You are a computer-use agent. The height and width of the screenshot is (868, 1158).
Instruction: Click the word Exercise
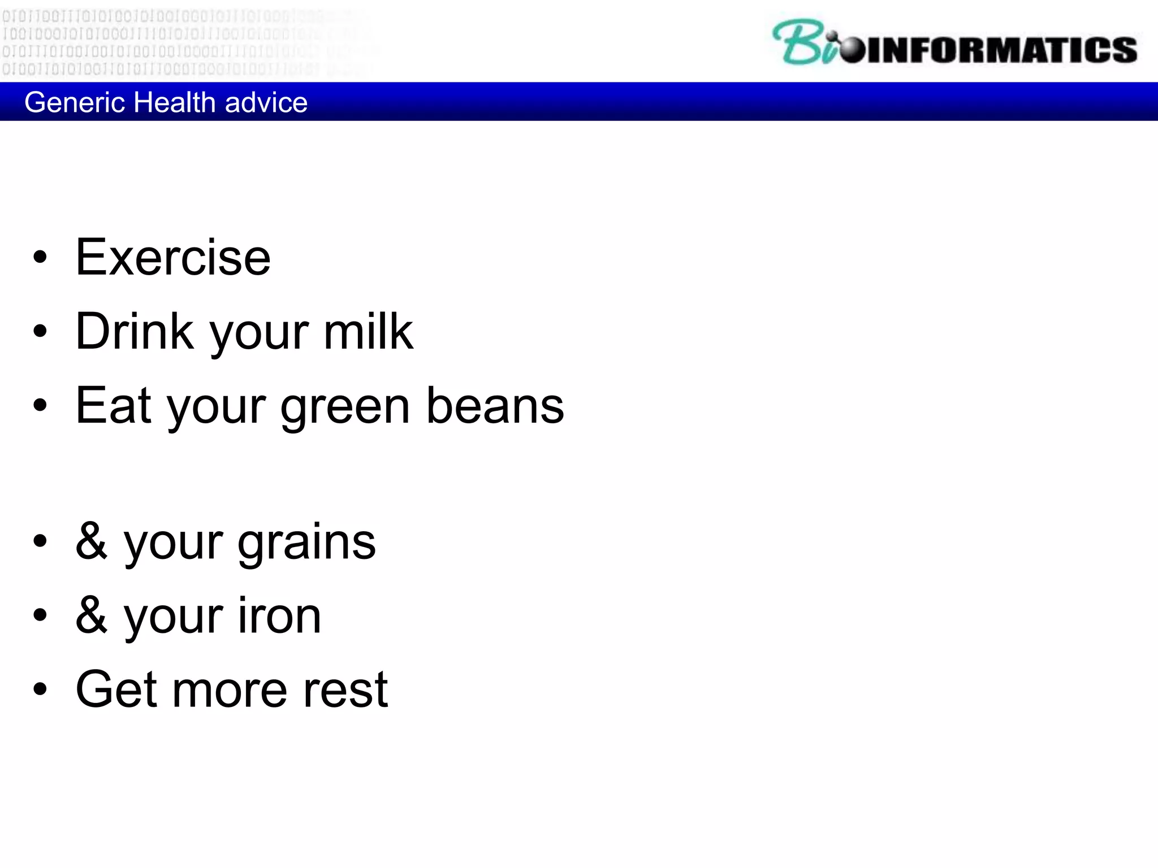tap(173, 258)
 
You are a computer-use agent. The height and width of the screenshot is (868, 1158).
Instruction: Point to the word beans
tap(495, 406)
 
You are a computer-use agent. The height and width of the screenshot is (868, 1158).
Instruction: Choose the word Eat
tap(114, 406)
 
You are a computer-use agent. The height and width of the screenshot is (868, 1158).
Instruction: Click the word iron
tap(279, 616)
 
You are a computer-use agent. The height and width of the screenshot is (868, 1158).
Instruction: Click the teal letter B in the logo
tap(795, 42)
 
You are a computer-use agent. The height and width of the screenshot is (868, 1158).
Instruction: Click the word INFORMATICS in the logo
tap(1001, 50)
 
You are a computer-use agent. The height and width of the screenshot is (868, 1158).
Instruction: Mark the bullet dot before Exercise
tap(40, 258)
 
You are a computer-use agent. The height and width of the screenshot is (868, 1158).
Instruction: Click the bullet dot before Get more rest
tap(40, 689)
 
